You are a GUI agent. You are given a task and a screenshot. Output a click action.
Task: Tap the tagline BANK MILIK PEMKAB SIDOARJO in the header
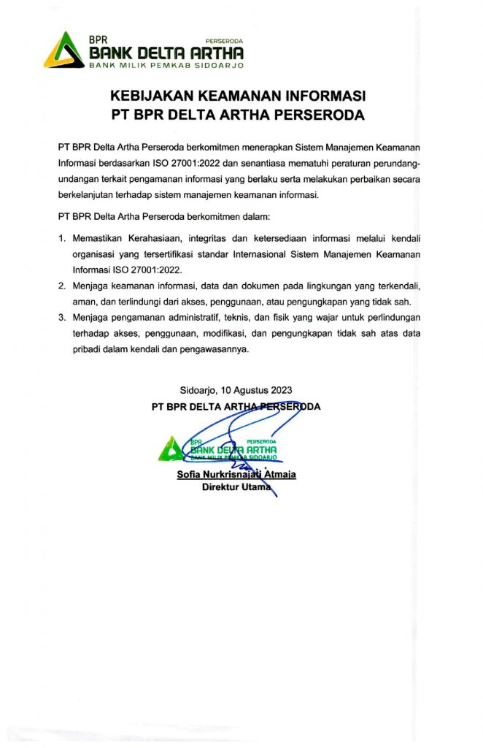click(x=166, y=65)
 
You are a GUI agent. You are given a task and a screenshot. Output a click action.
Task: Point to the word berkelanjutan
click(x=89, y=195)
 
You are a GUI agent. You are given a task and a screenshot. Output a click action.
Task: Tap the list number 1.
click(x=62, y=238)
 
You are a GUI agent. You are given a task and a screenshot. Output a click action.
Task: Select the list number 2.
click(x=62, y=286)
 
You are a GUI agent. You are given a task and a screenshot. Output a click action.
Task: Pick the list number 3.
click(x=62, y=318)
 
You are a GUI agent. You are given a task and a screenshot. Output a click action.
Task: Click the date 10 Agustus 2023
click(x=255, y=390)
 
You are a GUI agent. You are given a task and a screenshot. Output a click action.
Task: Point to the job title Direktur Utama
click(x=234, y=487)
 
